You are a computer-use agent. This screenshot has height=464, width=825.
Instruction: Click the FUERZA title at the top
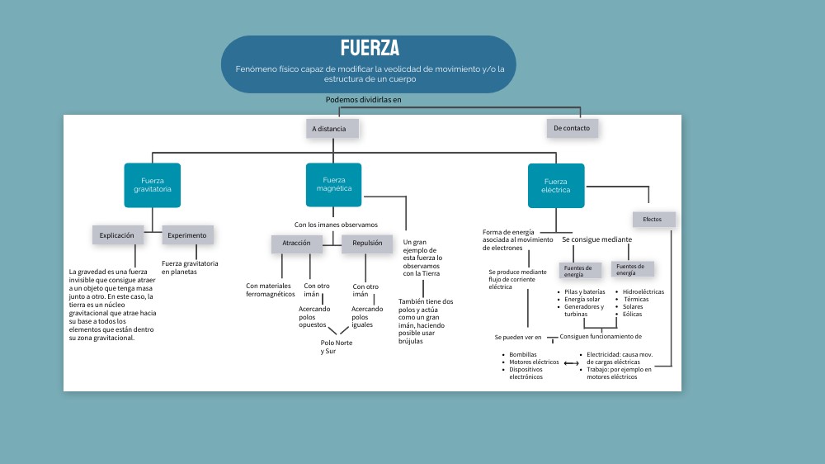tap(369, 48)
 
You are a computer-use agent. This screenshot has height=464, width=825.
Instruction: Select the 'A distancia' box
tap(332, 129)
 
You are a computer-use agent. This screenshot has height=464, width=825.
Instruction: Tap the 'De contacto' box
tap(572, 128)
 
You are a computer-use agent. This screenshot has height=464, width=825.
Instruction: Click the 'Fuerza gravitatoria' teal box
tap(153, 185)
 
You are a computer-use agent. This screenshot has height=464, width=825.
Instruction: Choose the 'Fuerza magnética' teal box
tap(334, 184)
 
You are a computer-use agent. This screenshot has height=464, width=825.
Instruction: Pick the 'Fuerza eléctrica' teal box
tap(556, 185)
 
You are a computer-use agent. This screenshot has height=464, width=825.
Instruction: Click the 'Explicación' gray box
tap(117, 235)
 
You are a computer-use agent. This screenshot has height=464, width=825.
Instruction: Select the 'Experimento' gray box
tap(187, 235)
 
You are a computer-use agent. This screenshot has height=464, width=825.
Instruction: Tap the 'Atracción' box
tap(296, 244)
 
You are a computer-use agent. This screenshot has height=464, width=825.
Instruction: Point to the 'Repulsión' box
tap(367, 244)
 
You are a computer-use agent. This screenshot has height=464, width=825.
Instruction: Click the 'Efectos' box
tap(653, 220)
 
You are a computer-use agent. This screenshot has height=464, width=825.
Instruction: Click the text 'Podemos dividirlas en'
tap(363, 100)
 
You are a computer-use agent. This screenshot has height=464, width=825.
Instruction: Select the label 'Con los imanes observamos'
tap(336, 225)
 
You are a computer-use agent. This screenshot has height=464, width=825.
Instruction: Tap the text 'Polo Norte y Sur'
tap(334, 347)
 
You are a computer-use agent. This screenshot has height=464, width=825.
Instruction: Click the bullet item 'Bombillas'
tap(523, 354)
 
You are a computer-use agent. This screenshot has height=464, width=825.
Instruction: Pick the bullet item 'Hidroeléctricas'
tap(643, 291)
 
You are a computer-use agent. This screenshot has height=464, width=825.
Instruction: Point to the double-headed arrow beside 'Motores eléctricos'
tap(571, 363)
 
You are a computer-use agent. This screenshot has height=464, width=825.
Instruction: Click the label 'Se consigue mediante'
tap(596, 239)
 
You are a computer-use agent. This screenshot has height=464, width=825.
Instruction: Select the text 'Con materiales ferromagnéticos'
tap(270, 290)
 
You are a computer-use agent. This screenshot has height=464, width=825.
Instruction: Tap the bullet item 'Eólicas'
tap(633, 314)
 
